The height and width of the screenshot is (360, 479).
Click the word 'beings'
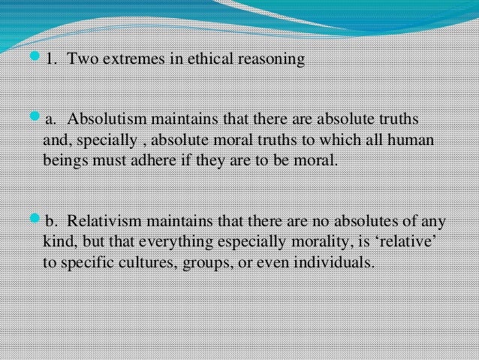pos(65,161)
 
